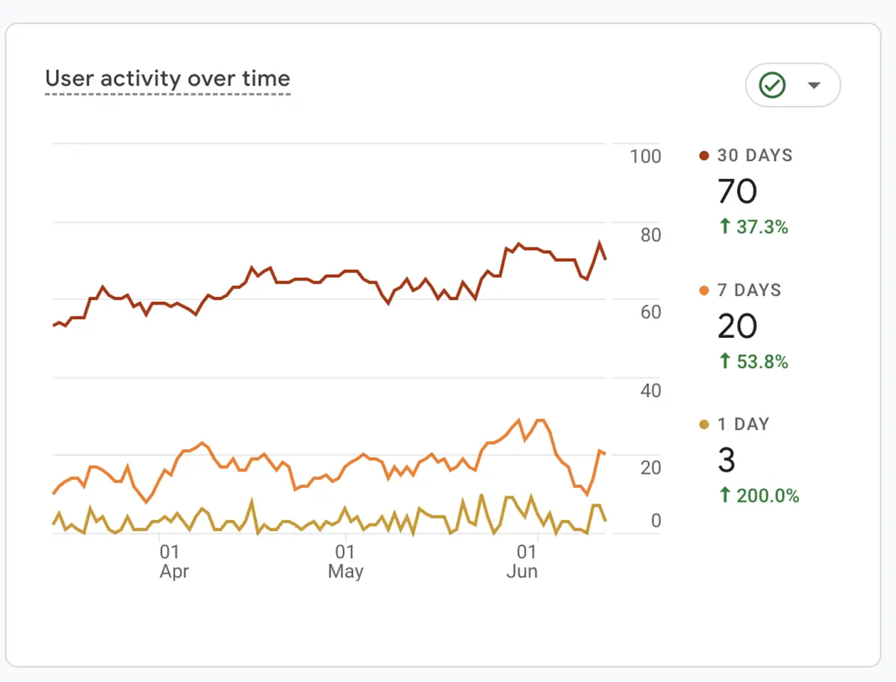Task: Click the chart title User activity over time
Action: [x=167, y=79]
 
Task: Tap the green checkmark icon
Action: [x=772, y=85]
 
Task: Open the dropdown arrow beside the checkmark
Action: [x=814, y=85]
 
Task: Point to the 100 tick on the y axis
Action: [x=645, y=157]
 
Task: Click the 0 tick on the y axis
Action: [x=656, y=520]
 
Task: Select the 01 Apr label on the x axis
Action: [x=173, y=562]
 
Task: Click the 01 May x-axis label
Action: [x=345, y=562]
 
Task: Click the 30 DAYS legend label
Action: [x=754, y=156]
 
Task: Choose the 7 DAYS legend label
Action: [x=749, y=290]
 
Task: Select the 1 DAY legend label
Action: [x=743, y=425]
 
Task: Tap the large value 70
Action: [x=737, y=192]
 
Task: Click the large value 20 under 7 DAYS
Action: [x=737, y=326]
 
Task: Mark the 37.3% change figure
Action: [x=753, y=227]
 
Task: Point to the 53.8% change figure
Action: [x=753, y=362]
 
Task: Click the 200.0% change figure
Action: [x=759, y=495]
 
